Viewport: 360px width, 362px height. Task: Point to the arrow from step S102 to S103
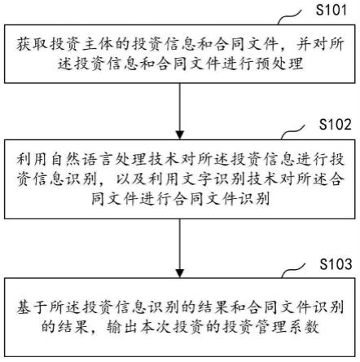click(181, 245)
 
